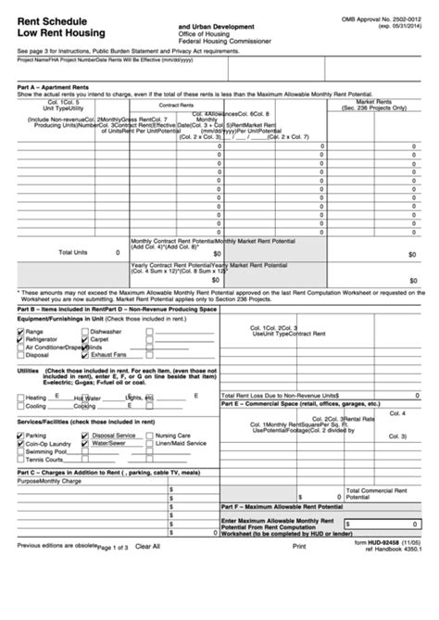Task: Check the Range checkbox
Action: (x=21, y=331)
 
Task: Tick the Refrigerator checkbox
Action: (x=21, y=339)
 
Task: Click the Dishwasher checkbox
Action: (x=85, y=331)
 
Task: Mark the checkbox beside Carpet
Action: (x=85, y=339)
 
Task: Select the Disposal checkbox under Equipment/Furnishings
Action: (x=21, y=355)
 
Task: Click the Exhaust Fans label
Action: (x=108, y=355)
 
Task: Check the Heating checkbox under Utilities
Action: (x=21, y=398)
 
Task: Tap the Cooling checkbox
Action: (x=21, y=406)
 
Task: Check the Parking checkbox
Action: (x=21, y=435)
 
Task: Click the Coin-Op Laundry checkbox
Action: (x=21, y=443)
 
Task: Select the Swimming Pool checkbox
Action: (x=21, y=451)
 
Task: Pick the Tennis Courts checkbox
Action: (x=21, y=460)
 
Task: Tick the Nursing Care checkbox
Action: (x=149, y=435)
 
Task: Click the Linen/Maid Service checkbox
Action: (x=149, y=443)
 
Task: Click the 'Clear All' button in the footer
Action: (x=147, y=547)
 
